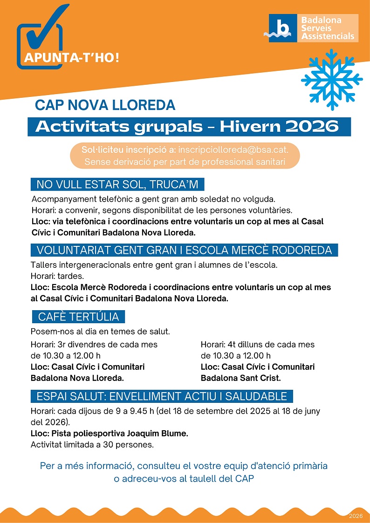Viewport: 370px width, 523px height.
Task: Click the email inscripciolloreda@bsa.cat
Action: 233,150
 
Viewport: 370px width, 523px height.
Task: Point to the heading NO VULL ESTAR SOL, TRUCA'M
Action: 117,184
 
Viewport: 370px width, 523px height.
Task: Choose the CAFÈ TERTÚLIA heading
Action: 78,317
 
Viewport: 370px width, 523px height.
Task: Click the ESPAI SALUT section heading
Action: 162,397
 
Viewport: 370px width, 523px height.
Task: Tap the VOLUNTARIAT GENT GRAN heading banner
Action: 184,250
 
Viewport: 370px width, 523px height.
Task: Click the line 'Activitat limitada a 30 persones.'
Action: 92,445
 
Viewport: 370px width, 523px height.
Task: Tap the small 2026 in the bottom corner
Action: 355,516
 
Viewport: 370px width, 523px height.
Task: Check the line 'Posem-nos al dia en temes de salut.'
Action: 100,332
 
